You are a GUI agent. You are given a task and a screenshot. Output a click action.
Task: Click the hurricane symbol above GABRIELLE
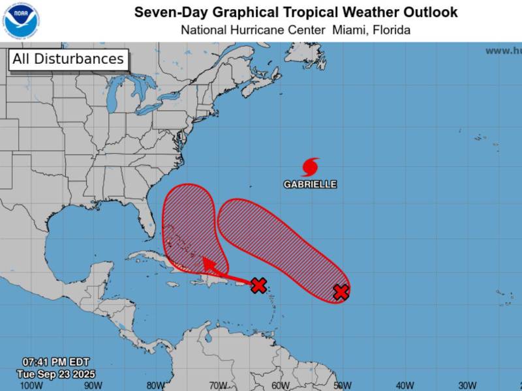pyautogui.click(x=311, y=167)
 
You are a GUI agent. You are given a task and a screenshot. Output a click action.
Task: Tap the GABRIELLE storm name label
pyautogui.click(x=310, y=184)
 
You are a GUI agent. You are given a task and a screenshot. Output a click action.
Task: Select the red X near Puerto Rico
pyautogui.click(x=259, y=285)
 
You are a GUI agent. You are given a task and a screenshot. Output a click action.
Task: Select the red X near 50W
pyautogui.click(x=341, y=292)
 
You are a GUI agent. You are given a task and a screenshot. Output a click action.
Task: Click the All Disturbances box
pyautogui.click(x=68, y=59)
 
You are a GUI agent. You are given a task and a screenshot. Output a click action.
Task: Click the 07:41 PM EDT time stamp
pyautogui.click(x=55, y=362)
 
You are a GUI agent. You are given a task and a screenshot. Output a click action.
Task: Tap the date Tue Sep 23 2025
pyautogui.click(x=55, y=373)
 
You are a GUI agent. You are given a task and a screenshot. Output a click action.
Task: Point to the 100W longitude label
pyautogui.click(x=31, y=385)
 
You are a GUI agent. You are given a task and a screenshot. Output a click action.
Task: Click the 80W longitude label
pyautogui.click(x=155, y=385)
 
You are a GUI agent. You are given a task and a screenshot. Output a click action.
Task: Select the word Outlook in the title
pyautogui.click(x=431, y=12)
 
